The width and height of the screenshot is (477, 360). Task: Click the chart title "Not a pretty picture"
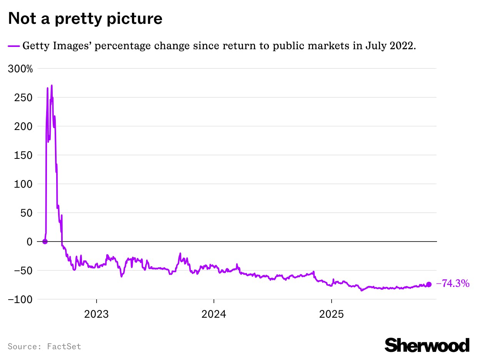(x=85, y=18)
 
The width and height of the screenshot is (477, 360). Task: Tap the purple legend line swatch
(x=13, y=46)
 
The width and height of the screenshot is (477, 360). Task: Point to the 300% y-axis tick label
(x=20, y=69)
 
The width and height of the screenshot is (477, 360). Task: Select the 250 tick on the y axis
(x=24, y=98)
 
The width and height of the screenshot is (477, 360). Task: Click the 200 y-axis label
(x=24, y=127)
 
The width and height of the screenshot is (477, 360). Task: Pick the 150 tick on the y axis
(x=24, y=155)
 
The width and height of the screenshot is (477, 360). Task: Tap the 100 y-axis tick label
(x=24, y=184)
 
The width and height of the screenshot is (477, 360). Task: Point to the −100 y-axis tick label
(x=20, y=299)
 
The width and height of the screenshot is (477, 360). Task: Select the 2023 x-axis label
(x=97, y=314)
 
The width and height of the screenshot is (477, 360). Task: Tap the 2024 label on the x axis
(x=214, y=314)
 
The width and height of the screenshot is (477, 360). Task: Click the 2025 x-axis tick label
(x=332, y=314)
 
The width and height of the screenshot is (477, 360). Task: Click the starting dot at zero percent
(x=45, y=242)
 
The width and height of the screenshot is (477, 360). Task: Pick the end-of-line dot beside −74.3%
(x=429, y=284)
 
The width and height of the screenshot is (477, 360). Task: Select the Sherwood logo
(x=427, y=345)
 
